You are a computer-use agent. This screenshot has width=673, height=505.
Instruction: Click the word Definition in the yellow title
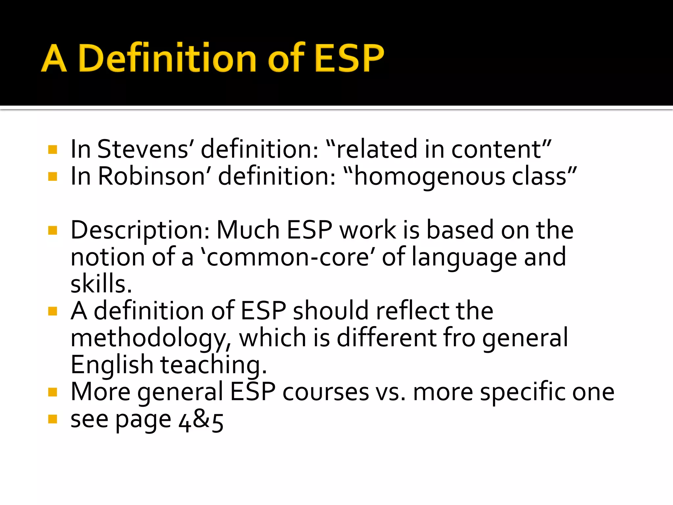point(167,59)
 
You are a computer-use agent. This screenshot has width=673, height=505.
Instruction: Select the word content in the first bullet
point(497,149)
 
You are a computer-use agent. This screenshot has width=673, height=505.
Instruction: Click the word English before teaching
point(112,365)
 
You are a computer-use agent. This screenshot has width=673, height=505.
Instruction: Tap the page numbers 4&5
point(201,421)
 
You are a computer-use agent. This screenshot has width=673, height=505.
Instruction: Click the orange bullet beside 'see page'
point(53,419)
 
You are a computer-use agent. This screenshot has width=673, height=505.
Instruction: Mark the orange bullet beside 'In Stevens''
point(53,150)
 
